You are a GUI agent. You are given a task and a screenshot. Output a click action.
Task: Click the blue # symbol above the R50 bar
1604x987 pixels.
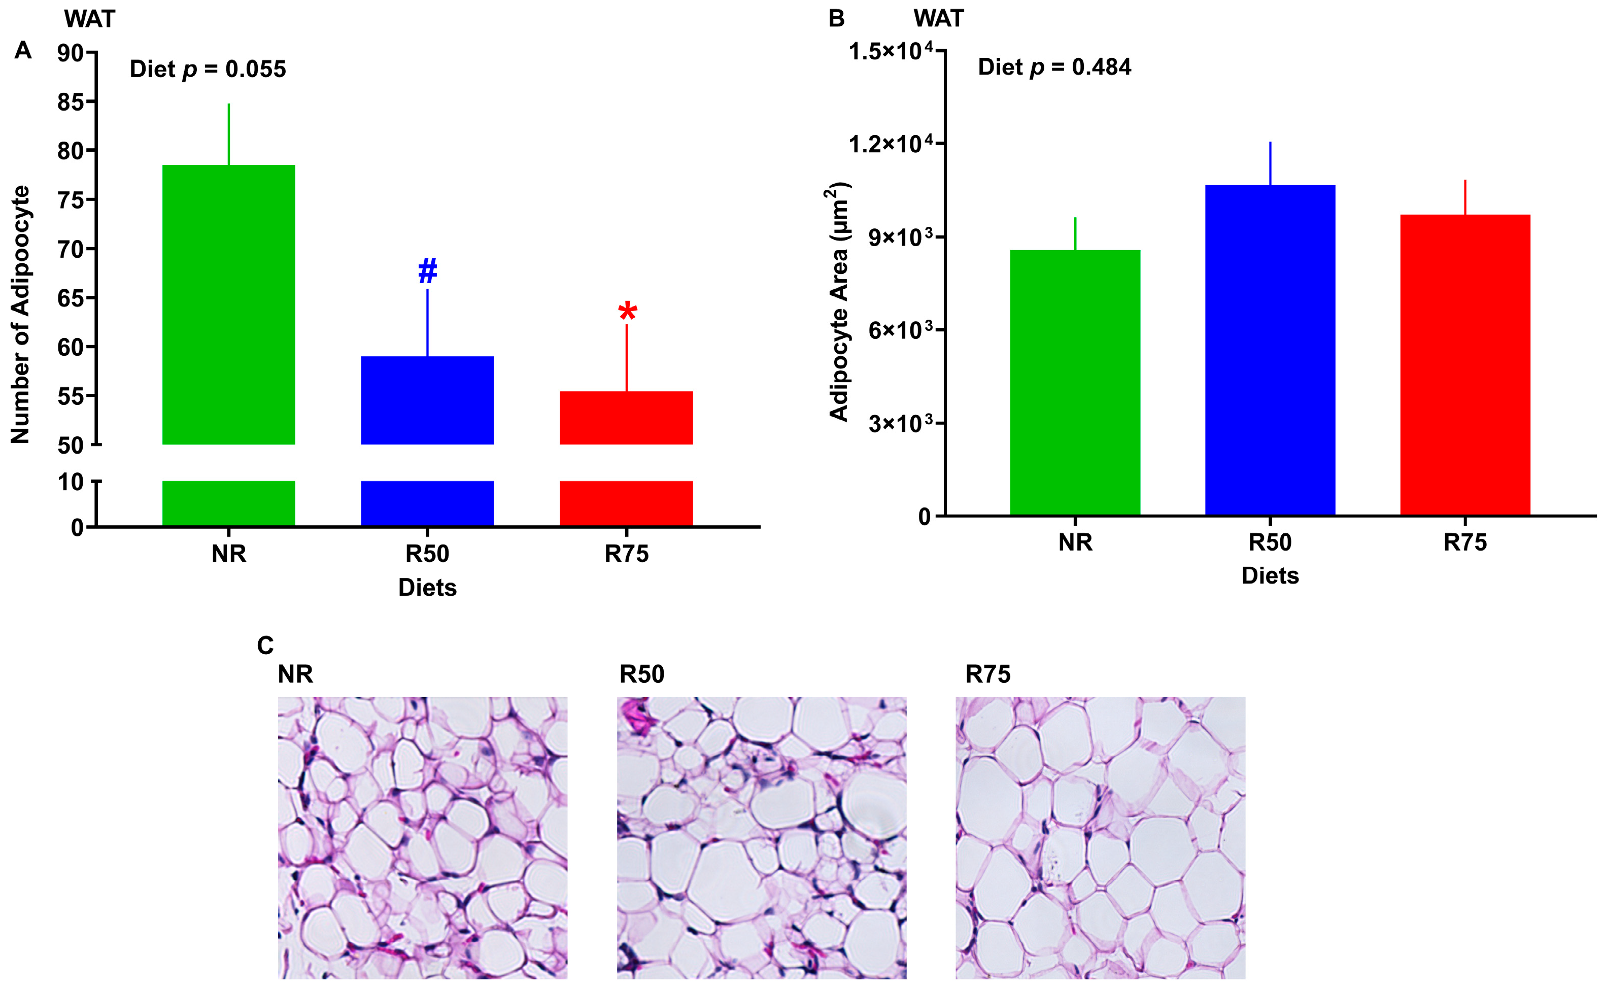[x=427, y=270]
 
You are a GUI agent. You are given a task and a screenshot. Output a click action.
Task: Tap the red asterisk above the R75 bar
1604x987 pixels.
[x=627, y=312]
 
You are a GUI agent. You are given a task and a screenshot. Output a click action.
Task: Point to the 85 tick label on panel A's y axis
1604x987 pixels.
[x=71, y=102]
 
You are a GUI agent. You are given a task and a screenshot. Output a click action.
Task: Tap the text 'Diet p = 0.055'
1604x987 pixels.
[x=208, y=69]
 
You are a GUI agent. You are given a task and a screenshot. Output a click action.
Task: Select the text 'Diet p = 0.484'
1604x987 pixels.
[x=1054, y=67]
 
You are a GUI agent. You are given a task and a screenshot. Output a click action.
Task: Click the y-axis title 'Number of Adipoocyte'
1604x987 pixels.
[x=20, y=315]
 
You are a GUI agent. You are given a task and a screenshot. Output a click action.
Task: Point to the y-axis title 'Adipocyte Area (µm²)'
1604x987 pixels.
[x=839, y=301]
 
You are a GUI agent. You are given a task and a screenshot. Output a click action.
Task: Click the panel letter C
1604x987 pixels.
[x=265, y=645]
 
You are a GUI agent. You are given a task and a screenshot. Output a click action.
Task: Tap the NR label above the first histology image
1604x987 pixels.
[x=295, y=674]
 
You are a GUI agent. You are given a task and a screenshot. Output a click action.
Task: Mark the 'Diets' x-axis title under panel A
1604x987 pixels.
[x=427, y=588]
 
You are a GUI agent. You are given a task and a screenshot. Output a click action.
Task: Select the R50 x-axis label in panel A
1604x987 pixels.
[x=427, y=554]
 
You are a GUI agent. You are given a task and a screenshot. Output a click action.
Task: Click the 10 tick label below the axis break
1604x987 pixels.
[x=71, y=483]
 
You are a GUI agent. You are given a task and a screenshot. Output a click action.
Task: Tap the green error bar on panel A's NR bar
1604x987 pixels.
[x=228, y=134]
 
